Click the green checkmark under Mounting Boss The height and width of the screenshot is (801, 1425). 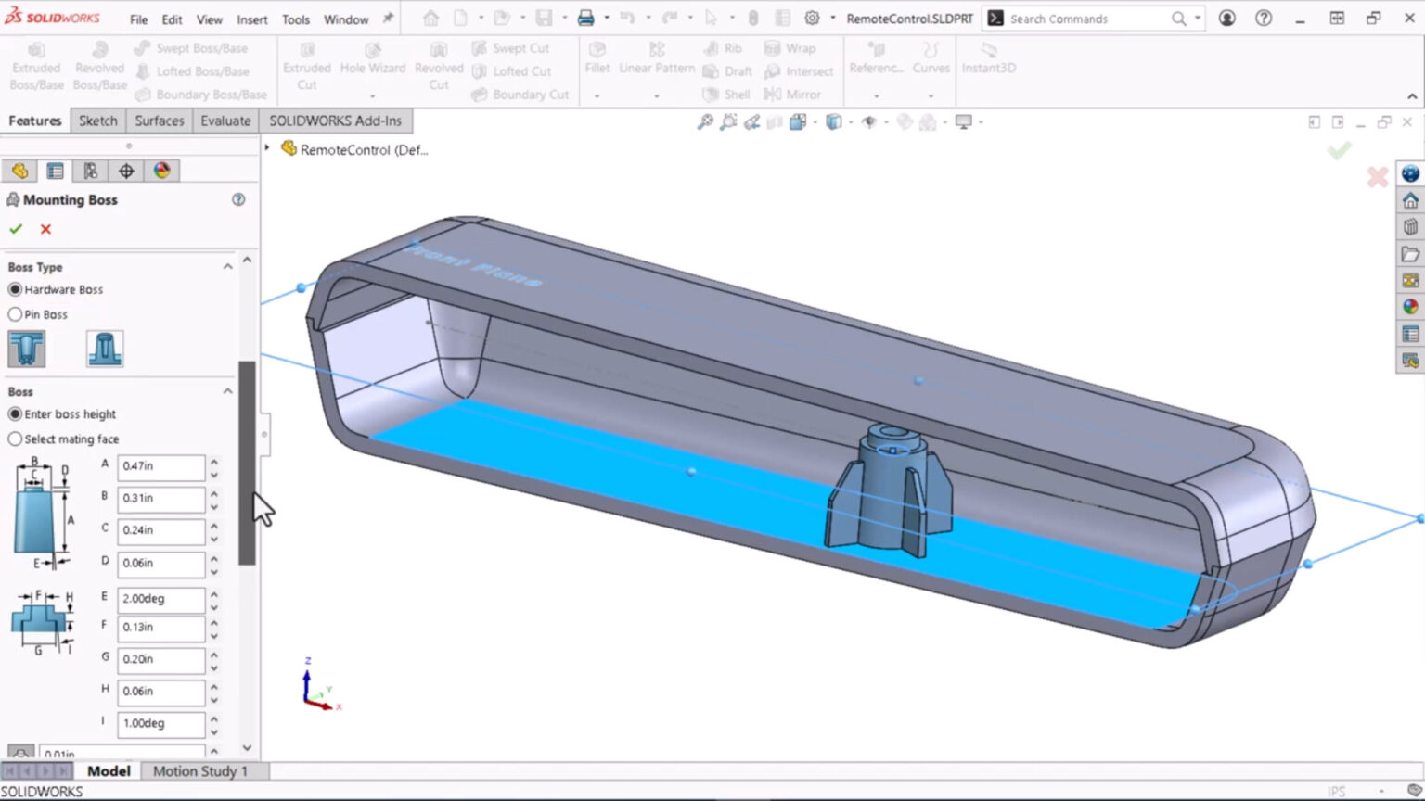point(16,229)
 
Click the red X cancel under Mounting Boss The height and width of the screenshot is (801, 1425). point(45,229)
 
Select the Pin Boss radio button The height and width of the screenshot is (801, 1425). point(15,314)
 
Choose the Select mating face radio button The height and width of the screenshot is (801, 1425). point(15,439)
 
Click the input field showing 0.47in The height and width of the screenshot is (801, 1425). point(160,466)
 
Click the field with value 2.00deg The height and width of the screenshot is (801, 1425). point(160,599)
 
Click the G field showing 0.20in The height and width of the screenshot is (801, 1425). point(160,659)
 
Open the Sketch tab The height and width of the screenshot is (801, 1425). point(97,121)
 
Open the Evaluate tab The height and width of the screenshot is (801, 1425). point(225,121)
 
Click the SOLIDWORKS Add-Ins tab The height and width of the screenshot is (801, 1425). point(335,121)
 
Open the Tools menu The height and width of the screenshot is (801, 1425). point(296,19)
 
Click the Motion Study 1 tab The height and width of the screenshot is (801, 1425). point(199,771)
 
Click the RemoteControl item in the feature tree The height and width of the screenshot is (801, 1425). point(363,149)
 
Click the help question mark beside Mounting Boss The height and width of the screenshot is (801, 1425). point(238,199)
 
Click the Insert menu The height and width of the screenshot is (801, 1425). point(251,19)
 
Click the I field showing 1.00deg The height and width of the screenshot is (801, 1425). point(160,723)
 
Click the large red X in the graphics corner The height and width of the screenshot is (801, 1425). point(1377,177)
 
